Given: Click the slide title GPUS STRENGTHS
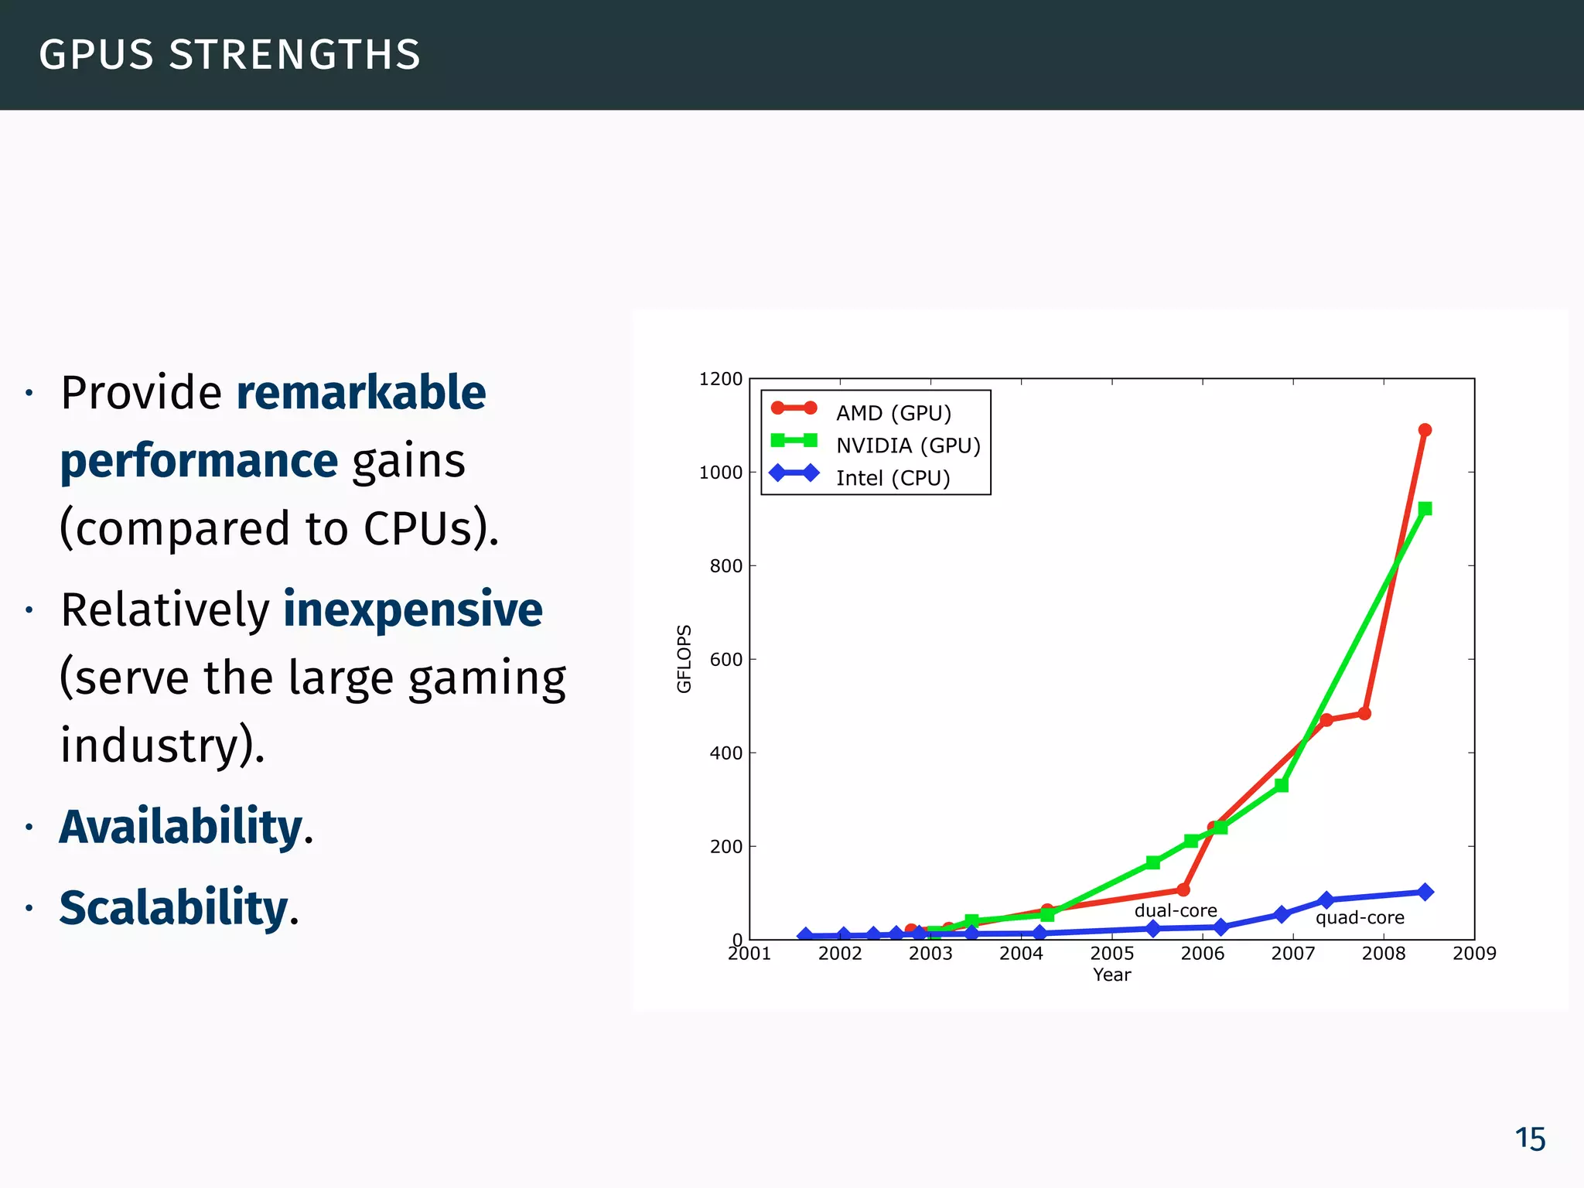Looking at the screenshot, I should pyautogui.click(x=230, y=55).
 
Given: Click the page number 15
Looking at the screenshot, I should pyautogui.click(x=1529, y=1139).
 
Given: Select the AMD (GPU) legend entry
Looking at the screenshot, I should pyautogui.click(x=893, y=413).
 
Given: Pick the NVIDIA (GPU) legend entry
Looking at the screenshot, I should pyautogui.click(x=908, y=445).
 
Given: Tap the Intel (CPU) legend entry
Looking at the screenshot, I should pyautogui.click(x=893, y=478).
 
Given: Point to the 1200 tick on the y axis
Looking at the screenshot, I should pyautogui.click(x=720, y=379).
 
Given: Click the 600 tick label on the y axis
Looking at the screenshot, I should pyautogui.click(x=725, y=660).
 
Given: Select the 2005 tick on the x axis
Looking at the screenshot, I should pyautogui.click(x=1111, y=954).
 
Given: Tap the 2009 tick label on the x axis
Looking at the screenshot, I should pyautogui.click(x=1474, y=954).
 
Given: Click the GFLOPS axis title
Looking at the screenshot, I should pyautogui.click(x=684, y=658).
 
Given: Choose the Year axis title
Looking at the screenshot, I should pyautogui.click(x=1111, y=975).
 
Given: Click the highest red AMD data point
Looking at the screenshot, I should pyautogui.click(x=1425, y=430).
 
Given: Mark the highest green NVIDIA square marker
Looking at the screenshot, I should pyautogui.click(x=1425, y=508).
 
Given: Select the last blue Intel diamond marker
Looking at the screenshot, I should pyautogui.click(x=1425, y=892).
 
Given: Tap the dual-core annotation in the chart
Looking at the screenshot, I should pyautogui.click(x=1176, y=911).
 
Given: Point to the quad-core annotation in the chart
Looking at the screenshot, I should pyautogui.click(x=1360, y=918).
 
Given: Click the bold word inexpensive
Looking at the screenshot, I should pyautogui.click(x=413, y=609).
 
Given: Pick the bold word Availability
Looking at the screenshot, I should pyautogui.click(x=181, y=827).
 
